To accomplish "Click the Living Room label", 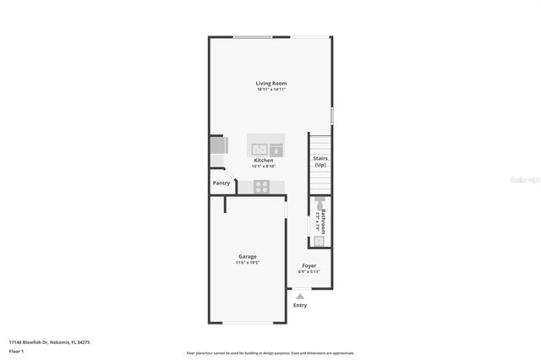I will point(271,83).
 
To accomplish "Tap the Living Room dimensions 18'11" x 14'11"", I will point(271,90).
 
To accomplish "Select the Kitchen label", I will point(264,160).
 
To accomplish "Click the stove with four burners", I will point(262,187).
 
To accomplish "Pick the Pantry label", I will point(221,183).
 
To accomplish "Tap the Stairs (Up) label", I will point(320,161).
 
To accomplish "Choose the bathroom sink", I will point(319,240).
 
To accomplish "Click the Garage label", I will point(248,256).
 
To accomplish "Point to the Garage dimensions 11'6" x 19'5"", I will point(248,263).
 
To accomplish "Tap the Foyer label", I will point(309,265).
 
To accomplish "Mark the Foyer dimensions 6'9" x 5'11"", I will point(309,272).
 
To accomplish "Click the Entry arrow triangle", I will point(299,295).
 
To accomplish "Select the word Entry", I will point(300,305).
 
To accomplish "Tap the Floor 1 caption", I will point(17,351).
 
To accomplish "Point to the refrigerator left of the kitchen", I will point(216,146).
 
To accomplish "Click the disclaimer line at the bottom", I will point(270,353).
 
